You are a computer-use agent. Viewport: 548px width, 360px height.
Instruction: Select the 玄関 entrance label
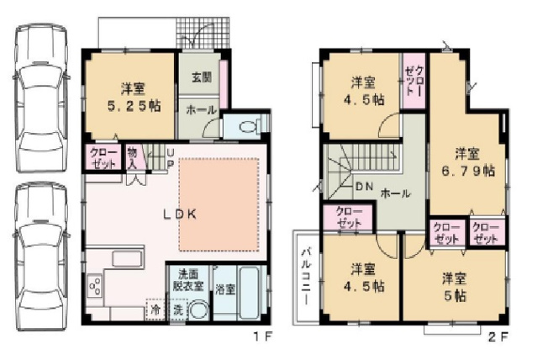(200, 78)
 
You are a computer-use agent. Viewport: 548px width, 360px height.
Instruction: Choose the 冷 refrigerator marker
(155, 310)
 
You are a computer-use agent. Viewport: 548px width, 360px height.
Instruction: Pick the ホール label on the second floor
(396, 193)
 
